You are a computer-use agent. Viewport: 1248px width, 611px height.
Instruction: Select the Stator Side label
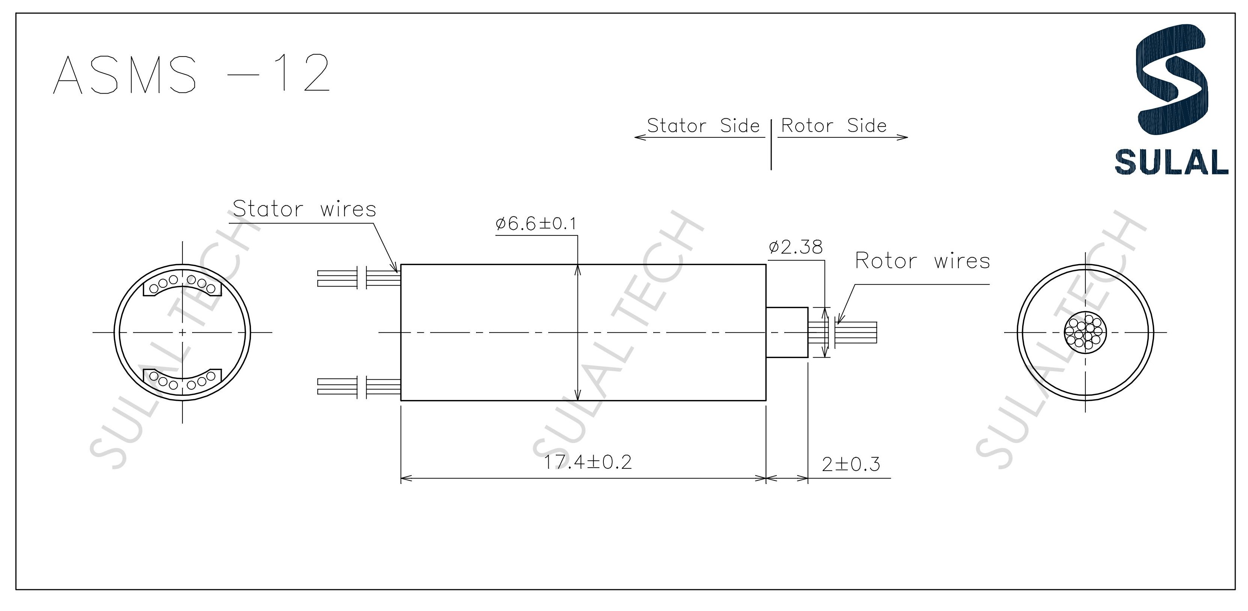[x=703, y=126]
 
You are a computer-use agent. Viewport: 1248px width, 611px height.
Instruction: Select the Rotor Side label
[x=834, y=126]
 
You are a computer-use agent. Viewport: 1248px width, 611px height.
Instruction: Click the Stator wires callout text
[x=304, y=209]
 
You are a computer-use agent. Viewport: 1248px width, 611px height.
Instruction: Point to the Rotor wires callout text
[x=922, y=261]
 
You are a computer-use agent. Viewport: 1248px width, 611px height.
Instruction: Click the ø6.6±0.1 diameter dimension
[x=536, y=224]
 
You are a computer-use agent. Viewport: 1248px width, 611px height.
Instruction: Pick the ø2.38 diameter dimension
[x=796, y=247]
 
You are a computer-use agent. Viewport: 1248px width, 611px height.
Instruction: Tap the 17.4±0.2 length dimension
[x=588, y=462]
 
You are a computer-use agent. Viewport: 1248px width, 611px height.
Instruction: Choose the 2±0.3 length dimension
[x=851, y=464]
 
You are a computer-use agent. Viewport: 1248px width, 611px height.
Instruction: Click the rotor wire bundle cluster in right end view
[x=1085, y=333]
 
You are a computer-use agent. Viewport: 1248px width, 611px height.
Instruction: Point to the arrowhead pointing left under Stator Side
[x=639, y=137]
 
